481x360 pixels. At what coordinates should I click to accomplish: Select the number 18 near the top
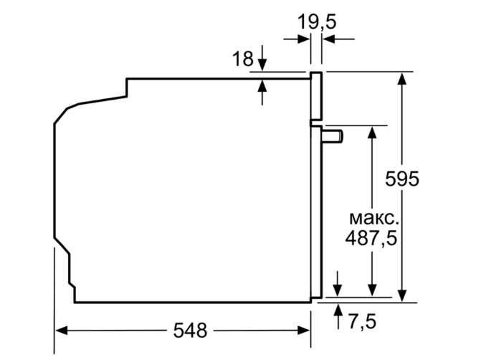click(x=242, y=59)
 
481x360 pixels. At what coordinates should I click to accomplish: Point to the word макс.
click(x=371, y=217)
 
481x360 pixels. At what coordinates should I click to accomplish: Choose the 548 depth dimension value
click(x=189, y=331)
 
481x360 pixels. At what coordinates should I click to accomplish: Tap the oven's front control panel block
click(x=316, y=95)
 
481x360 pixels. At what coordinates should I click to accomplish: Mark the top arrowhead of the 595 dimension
click(x=403, y=78)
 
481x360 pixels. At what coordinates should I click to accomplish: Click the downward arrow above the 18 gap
click(x=263, y=65)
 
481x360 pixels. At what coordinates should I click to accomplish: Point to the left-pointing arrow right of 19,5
click(x=329, y=39)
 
